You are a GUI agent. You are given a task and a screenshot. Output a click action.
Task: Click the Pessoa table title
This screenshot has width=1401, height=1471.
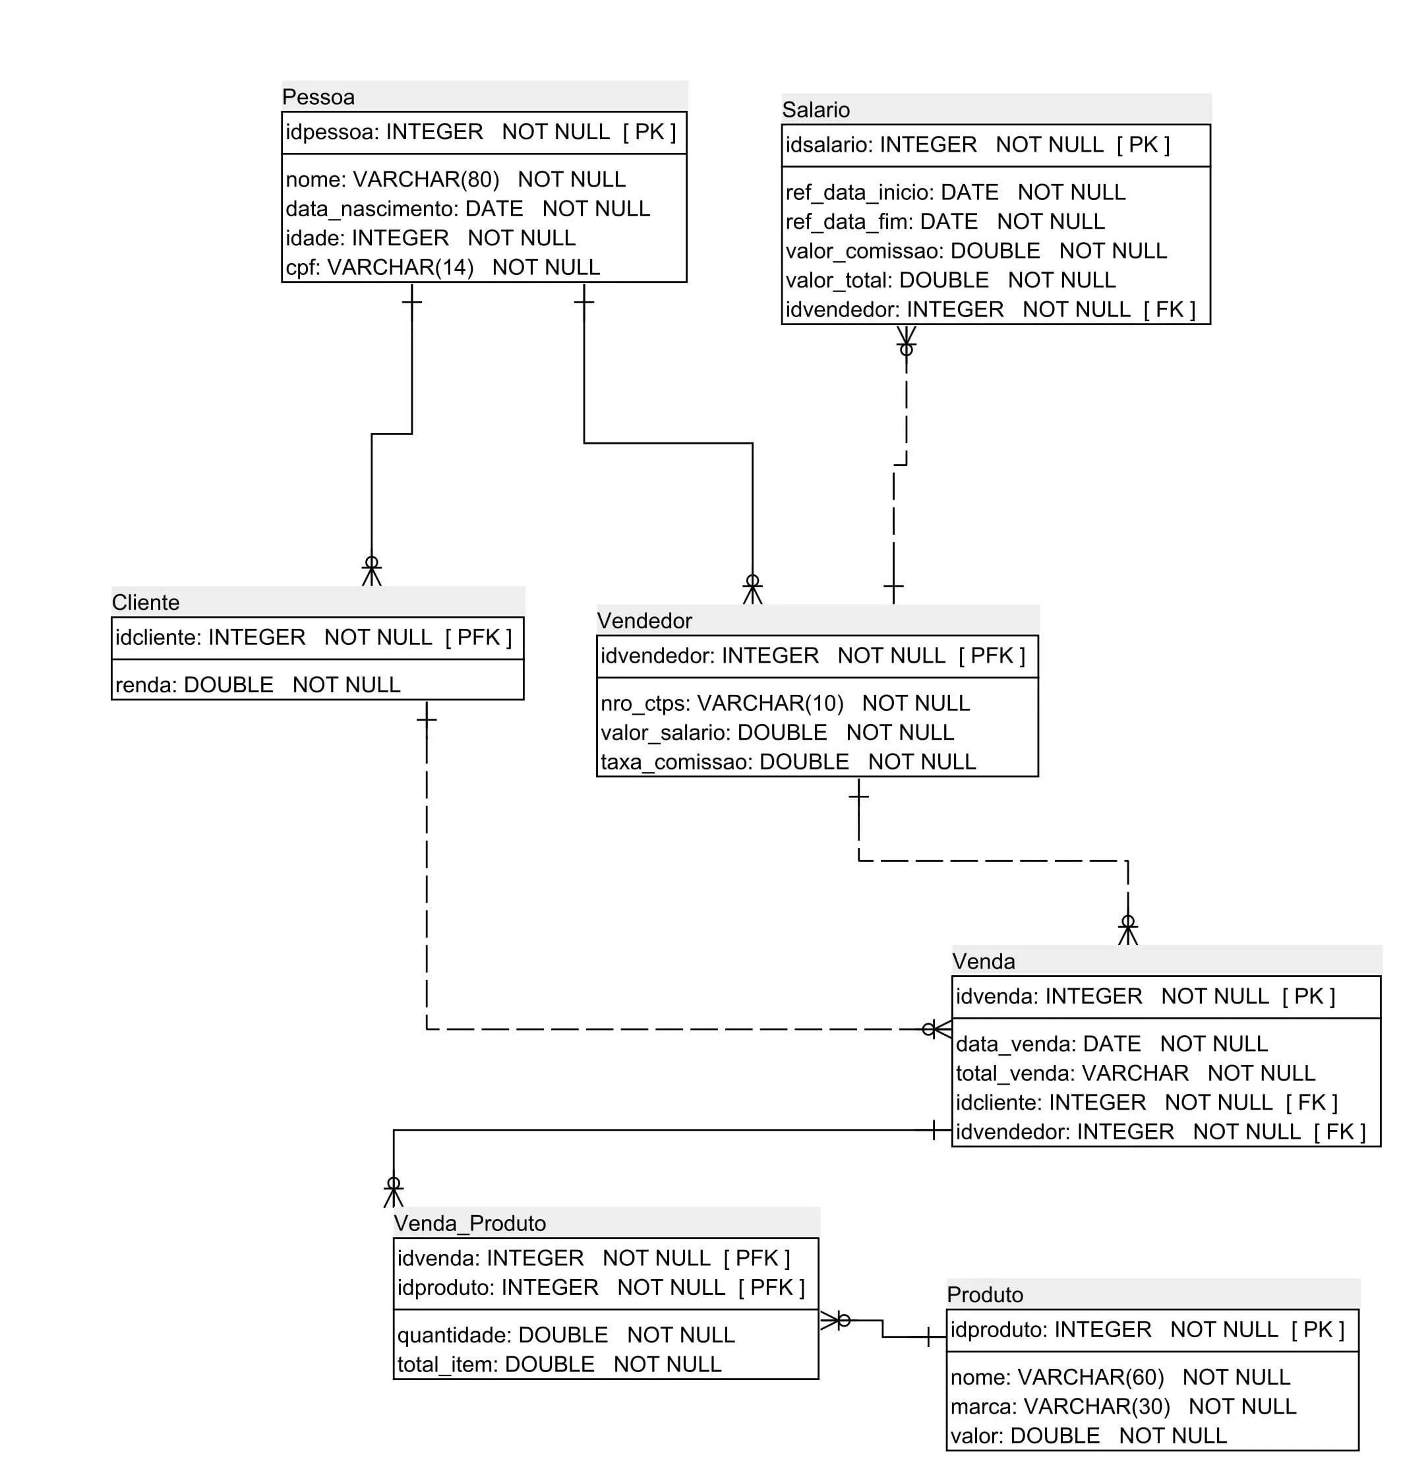318,97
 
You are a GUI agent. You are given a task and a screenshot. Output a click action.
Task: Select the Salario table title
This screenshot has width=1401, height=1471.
816,109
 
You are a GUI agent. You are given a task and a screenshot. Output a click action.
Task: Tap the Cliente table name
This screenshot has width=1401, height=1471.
146,603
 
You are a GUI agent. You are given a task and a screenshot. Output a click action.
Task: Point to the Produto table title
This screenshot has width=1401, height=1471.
985,1295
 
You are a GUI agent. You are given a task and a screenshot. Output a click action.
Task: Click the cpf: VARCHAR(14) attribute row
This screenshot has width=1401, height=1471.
442,267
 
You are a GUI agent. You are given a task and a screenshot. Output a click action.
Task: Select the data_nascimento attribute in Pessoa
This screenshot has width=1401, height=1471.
467,209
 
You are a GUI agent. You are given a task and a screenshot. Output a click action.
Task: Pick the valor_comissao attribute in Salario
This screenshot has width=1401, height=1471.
975,251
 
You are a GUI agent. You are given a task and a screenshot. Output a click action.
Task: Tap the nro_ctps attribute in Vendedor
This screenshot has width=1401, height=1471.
785,704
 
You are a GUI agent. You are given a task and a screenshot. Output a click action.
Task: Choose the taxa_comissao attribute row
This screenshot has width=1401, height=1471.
788,762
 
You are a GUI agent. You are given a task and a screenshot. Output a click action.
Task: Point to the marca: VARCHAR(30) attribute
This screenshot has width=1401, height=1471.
1123,1407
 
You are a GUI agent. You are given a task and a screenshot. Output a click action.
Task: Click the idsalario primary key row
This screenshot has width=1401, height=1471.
977,145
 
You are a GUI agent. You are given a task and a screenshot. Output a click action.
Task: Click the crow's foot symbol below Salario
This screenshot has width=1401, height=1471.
907,340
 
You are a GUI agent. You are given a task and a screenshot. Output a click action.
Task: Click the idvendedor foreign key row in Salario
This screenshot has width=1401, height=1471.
990,310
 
